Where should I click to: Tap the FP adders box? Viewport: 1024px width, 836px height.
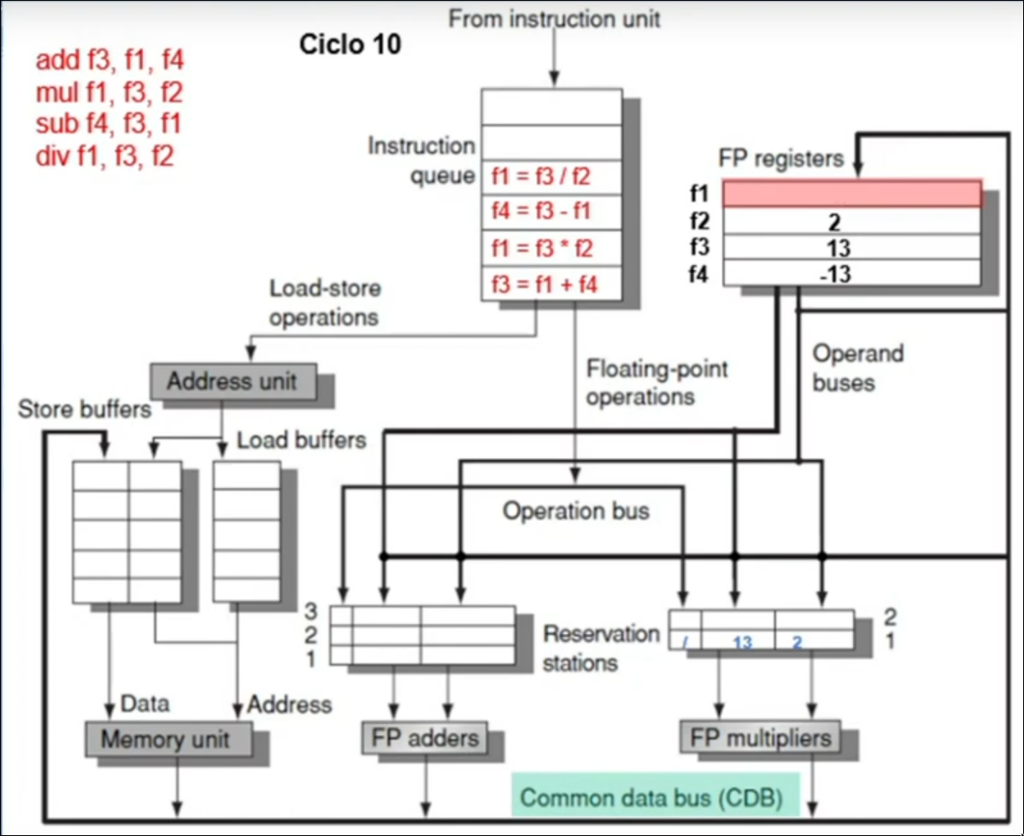tap(423, 737)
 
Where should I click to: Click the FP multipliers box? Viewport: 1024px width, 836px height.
tap(760, 737)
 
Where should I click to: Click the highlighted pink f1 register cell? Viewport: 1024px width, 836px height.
tap(850, 193)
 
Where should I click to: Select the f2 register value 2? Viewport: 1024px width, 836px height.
tap(835, 223)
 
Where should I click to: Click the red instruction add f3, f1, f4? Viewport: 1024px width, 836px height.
tap(109, 61)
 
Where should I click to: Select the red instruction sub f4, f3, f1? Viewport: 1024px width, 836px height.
tap(109, 125)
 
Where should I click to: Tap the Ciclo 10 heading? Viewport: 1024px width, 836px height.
tap(350, 44)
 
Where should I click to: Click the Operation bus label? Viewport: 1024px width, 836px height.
tap(575, 511)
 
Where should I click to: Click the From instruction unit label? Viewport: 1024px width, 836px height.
tap(554, 19)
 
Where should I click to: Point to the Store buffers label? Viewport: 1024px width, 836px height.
tap(84, 409)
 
